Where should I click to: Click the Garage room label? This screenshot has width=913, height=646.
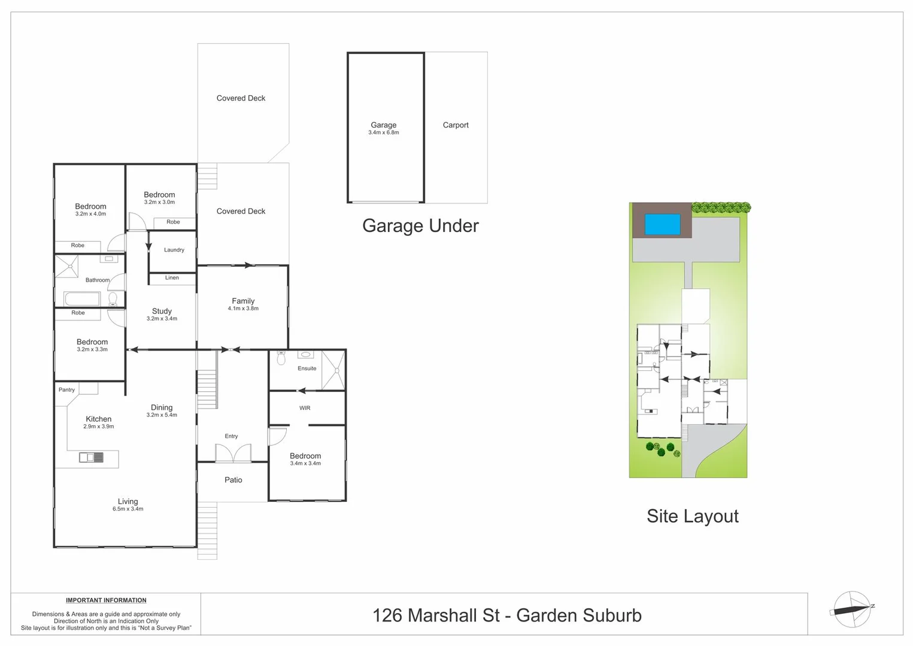[x=383, y=125]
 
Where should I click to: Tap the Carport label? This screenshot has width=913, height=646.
[x=456, y=125]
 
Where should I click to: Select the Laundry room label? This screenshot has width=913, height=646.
[x=174, y=250]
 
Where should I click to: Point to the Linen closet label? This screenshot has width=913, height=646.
[x=172, y=278]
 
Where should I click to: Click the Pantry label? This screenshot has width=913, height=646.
[x=66, y=389]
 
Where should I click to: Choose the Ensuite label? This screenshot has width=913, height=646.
[x=307, y=368]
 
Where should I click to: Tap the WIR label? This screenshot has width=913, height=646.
[x=305, y=408]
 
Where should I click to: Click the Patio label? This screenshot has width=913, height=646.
[x=233, y=480]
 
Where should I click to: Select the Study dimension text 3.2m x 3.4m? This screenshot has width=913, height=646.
[x=162, y=319]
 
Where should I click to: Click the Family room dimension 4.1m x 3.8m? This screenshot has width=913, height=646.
[x=243, y=309]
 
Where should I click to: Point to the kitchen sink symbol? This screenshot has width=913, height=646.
[x=92, y=458]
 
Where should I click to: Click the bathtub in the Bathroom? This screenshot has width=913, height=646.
[x=82, y=298]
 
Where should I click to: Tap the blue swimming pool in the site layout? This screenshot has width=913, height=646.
[x=662, y=224]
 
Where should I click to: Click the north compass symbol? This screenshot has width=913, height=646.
[x=852, y=610]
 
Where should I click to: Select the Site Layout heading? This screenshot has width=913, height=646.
[x=693, y=516]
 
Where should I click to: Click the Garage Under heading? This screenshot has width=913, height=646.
[x=420, y=226]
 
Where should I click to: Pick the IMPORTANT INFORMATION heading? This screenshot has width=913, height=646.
[x=106, y=600]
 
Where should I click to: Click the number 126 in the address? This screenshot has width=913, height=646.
[x=387, y=615]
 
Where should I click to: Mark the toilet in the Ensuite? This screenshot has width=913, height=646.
[x=281, y=358]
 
